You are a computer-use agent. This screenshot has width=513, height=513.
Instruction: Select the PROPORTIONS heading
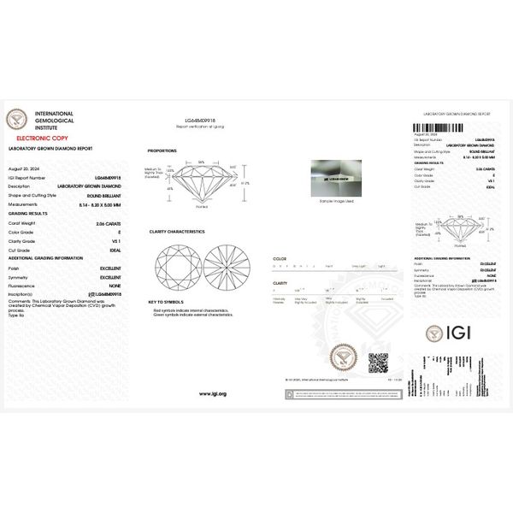click(x=162, y=150)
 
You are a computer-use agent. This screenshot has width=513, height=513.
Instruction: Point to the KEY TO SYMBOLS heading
click(x=166, y=302)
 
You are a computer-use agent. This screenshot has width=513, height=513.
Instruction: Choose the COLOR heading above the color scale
click(x=279, y=257)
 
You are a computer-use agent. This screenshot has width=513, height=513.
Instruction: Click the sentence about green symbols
click(x=192, y=315)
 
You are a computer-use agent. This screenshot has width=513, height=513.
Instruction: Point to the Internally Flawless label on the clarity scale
click(x=280, y=300)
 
